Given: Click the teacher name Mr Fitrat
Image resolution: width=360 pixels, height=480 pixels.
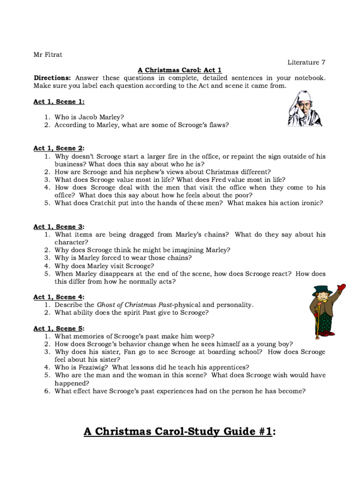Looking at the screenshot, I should tap(48, 54).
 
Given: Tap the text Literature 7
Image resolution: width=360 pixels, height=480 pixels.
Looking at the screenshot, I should tap(306, 62).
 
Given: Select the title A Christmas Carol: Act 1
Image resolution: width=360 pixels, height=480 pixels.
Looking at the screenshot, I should tap(180, 70).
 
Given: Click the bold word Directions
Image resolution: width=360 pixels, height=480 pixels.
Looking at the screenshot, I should tap(52, 78).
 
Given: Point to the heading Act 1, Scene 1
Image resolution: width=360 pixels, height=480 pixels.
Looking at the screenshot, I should tap(59, 102).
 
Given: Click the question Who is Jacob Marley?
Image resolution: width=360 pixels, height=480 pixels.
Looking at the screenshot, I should tap(89, 117).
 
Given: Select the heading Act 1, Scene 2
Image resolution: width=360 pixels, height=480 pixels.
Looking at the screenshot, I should tap(59, 148).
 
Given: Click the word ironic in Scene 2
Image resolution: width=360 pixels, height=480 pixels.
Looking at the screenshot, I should tap(311, 203).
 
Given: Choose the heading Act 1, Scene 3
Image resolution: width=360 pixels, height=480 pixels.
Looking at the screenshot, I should tap(59, 226).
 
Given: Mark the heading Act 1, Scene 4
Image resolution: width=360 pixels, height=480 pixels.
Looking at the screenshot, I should tap(59, 297).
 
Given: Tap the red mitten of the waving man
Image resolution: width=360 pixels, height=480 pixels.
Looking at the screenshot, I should tap(341, 287).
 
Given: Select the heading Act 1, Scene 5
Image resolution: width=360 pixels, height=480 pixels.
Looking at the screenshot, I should tap(59, 328).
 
